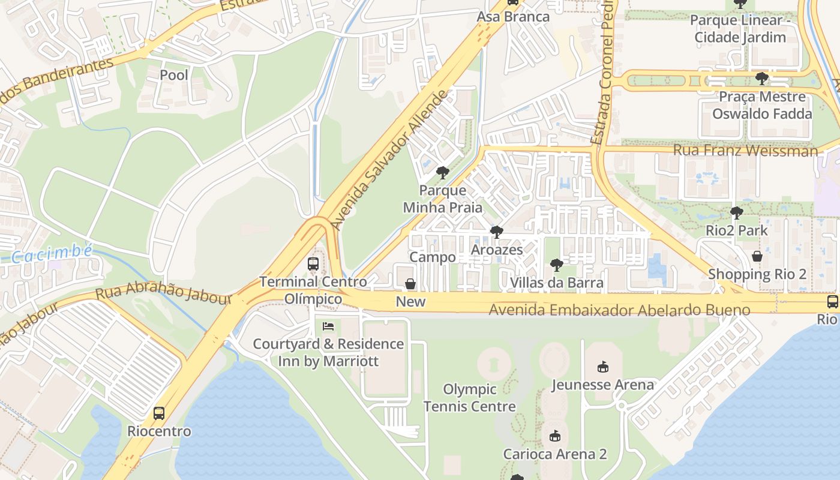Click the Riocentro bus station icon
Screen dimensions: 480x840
pyautogui.click(x=158, y=413)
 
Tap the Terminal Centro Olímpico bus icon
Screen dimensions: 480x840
pyautogui.click(x=313, y=263)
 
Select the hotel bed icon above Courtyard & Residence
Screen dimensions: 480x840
pyautogui.click(x=328, y=326)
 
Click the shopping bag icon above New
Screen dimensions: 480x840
pyautogui.click(x=410, y=283)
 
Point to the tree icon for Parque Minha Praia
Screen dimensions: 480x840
pyautogui.click(x=443, y=173)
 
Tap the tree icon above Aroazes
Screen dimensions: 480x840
pyautogui.click(x=496, y=232)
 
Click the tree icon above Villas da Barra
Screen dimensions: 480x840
pyautogui.click(x=556, y=265)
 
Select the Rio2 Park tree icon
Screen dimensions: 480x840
pyautogui.click(x=736, y=212)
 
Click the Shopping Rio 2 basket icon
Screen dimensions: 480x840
pyautogui.click(x=757, y=256)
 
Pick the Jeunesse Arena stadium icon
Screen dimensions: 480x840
pyautogui.click(x=603, y=367)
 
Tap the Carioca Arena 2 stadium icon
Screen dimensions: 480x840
pyautogui.click(x=554, y=436)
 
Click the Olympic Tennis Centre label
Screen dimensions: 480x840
pyautogui.click(x=470, y=398)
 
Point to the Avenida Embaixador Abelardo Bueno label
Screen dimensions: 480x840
pyautogui.click(x=619, y=310)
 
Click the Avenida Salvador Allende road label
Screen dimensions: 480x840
pyautogui.click(x=390, y=161)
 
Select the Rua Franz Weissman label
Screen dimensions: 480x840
pyautogui.click(x=745, y=150)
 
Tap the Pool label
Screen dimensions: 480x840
pyautogui.click(x=174, y=75)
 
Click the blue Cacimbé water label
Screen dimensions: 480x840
pyautogui.click(x=53, y=254)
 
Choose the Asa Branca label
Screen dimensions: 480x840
pyautogui.click(x=513, y=17)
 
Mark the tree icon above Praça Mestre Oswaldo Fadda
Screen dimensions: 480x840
pyautogui.click(x=761, y=79)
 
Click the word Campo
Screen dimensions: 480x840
pyautogui.click(x=433, y=257)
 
